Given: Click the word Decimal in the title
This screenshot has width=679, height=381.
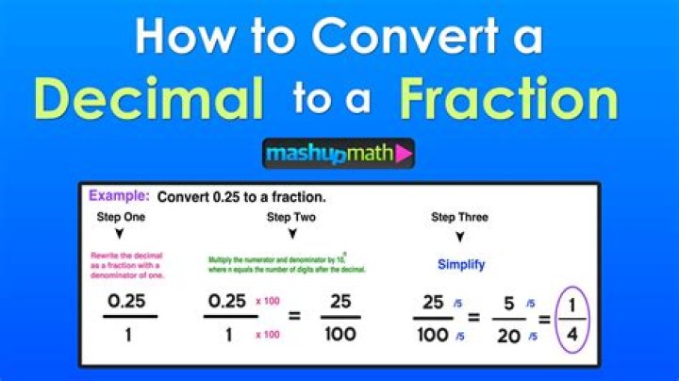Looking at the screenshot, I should (149, 98).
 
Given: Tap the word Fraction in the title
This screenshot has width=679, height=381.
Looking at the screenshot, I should (507, 98).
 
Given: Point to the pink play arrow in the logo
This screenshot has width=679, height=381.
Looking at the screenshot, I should (404, 154).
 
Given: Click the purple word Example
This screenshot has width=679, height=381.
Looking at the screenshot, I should (119, 196).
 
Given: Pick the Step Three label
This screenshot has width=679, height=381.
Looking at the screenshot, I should (459, 218).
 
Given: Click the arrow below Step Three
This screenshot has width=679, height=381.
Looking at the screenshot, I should (459, 237).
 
